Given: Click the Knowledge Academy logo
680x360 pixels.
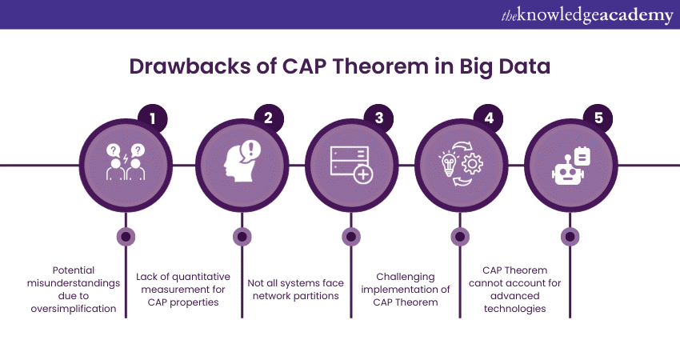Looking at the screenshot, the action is coord(587,15).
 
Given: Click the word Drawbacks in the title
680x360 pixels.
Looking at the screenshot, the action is coord(190,66).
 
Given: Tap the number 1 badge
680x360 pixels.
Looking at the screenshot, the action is coord(152,118).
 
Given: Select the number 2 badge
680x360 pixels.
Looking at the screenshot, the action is coord(269,118).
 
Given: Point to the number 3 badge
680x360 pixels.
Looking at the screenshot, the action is coord(378,118).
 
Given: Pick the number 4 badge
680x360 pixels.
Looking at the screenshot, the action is coord(489,118).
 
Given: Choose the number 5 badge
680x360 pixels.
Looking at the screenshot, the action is coord(598,118).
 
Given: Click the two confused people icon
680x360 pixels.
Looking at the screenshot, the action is coord(126,162).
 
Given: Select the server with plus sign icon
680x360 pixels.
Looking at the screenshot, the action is coord(351,164).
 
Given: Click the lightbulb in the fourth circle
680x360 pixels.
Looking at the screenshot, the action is coord(449,163).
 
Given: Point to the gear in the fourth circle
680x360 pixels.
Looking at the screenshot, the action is coord(472,164).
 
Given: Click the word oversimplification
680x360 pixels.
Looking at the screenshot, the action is coord(74,309).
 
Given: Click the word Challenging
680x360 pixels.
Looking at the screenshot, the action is coord(405,277).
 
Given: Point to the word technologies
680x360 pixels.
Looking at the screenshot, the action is coord(514,309).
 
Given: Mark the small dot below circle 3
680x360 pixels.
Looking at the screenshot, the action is coord(351,237).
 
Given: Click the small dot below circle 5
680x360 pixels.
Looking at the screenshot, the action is coord(570,237).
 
